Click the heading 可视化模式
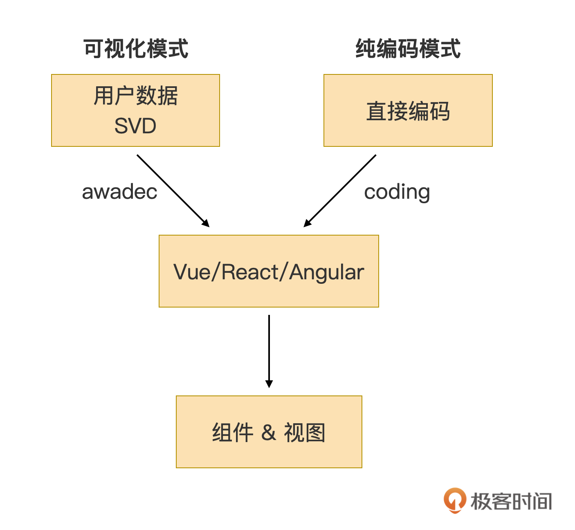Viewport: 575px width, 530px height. [x=136, y=49]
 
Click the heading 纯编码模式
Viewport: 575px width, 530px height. [x=408, y=49]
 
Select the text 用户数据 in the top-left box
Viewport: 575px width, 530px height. [x=136, y=96]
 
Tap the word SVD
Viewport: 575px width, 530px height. [x=135, y=126]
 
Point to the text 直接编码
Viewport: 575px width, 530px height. [x=408, y=111]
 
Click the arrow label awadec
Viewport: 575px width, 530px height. [x=119, y=192]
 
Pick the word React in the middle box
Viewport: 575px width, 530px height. [x=250, y=272]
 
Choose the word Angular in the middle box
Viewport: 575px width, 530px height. [x=326, y=272]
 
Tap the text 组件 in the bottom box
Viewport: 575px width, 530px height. [x=232, y=433]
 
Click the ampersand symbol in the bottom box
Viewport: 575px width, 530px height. [x=268, y=433]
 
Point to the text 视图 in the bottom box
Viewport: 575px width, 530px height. [x=305, y=433]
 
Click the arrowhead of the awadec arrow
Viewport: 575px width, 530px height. [x=206, y=223]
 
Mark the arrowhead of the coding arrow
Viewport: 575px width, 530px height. [x=307, y=223]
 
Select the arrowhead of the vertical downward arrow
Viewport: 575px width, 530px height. [x=269, y=384]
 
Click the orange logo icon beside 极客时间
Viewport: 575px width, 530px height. [x=455, y=500]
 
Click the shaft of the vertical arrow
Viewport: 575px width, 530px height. [x=269, y=348]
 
